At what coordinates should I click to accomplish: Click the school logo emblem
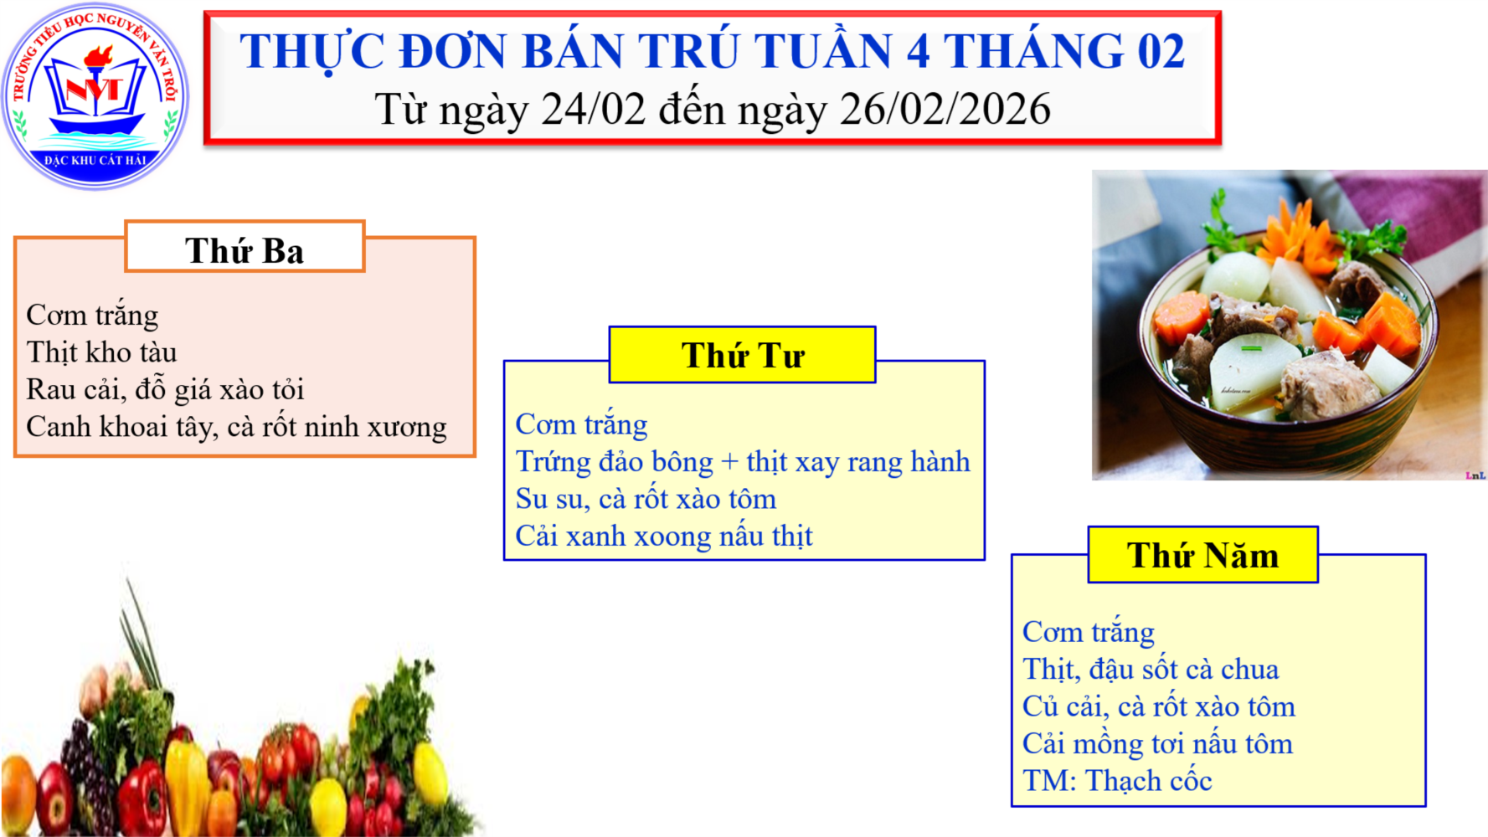coord(95,96)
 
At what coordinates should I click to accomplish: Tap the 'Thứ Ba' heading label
coord(245,250)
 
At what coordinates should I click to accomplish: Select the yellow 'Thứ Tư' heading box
coord(742,355)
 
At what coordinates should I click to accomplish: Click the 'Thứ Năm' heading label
coord(1202,555)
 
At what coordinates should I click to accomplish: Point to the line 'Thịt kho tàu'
coord(101,352)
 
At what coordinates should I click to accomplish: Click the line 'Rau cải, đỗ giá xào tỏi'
coord(165,390)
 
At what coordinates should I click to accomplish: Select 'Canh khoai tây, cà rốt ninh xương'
coord(236,427)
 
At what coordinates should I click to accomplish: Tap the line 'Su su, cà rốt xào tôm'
coord(646,499)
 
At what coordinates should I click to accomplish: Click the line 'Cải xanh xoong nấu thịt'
coord(664,537)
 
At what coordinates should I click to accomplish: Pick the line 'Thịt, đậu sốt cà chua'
coord(1151,670)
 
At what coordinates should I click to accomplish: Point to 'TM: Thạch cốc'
coord(1117,781)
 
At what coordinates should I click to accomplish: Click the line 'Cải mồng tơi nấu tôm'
coord(1157,744)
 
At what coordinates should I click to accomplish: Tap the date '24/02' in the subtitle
coord(593,109)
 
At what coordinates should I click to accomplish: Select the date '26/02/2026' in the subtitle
coord(945,109)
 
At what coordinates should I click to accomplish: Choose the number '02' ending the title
coord(1161,51)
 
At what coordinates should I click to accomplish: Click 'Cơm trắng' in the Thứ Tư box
coord(581,425)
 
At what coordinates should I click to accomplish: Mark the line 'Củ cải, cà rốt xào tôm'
coord(1159,707)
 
